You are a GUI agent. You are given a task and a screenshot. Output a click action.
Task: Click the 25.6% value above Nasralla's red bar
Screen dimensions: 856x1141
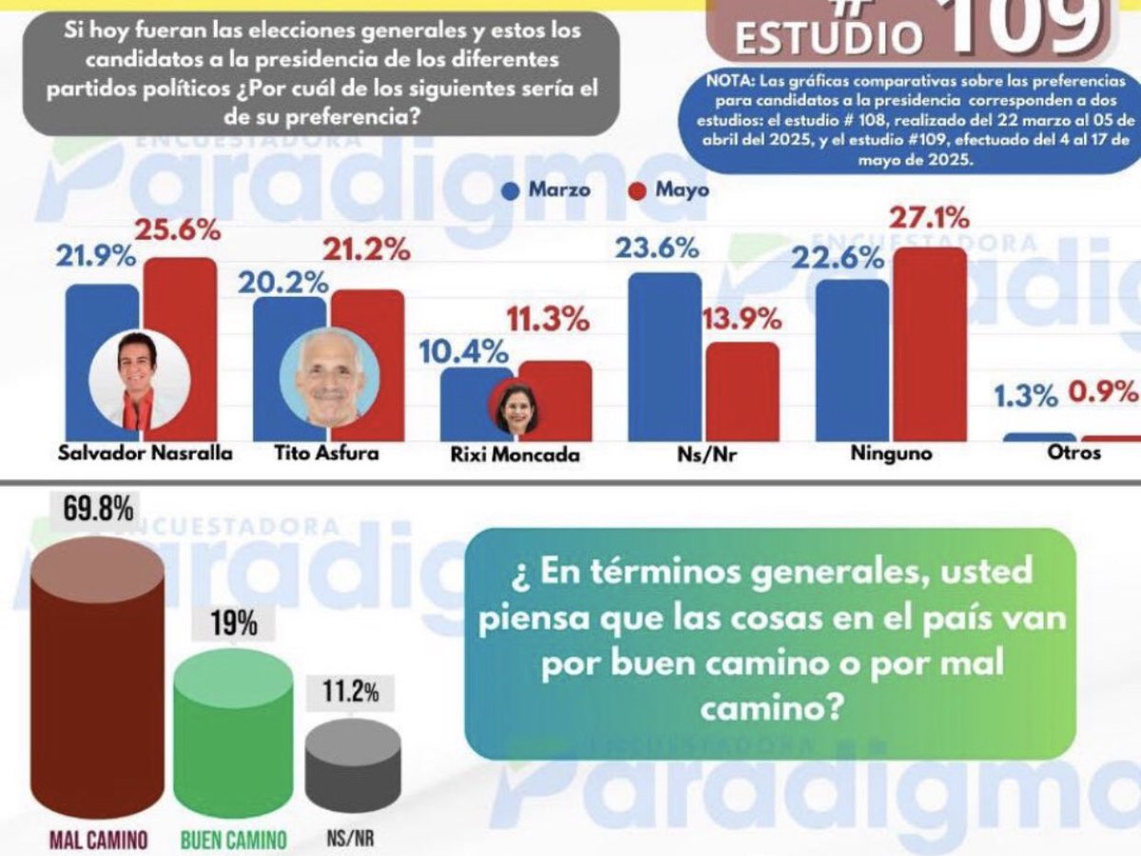pyautogui.click(x=178, y=231)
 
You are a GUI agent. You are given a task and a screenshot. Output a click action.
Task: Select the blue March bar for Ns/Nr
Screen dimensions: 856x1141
pyautogui.click(x=665, y=357)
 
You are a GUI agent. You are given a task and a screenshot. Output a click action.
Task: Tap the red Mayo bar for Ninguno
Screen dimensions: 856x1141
pyautogui.click(x=929, y=344)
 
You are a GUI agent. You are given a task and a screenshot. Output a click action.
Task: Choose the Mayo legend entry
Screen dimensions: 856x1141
pyautogui.click(x=669, y=189)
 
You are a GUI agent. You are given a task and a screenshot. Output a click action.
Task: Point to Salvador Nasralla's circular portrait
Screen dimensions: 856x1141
pyautogui.click(x=139, y=378)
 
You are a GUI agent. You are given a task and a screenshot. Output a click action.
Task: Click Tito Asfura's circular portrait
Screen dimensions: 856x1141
pyautogui.click(x=329, y=377)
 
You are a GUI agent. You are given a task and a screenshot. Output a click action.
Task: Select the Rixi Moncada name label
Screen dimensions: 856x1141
pyautogui.click(x=514, y=455)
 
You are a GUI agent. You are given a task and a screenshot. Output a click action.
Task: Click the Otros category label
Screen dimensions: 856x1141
pyautogui.click(x=1073, y=453)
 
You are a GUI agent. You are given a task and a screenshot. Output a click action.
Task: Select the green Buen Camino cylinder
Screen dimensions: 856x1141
pyautogui.click(x=234, y=732)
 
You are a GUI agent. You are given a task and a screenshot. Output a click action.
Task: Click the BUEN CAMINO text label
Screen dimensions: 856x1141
pyautogui.click(x=234, y=840)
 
